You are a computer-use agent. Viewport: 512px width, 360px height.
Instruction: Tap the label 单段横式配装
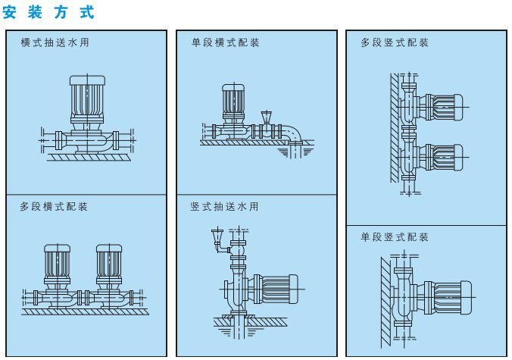[225, 42]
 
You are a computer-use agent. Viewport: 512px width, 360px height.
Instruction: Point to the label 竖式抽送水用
[224, 206]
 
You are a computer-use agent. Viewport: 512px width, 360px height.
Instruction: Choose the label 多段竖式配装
[395, 42]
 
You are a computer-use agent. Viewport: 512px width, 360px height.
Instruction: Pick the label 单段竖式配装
[395, 237]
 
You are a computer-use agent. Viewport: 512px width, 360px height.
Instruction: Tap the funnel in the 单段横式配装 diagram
[266, 117]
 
